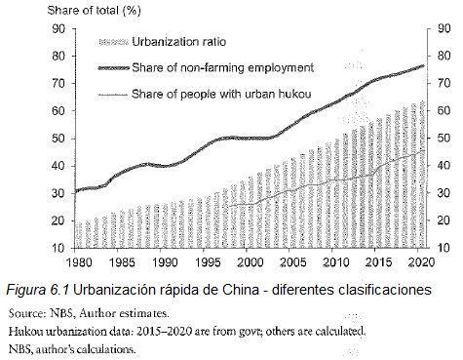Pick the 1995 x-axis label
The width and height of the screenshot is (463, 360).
click(207, 262)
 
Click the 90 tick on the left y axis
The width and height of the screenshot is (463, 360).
click(58, 28)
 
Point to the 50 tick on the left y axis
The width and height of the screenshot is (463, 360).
click(58, 138)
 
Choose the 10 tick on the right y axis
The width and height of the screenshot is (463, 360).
click(444, 248)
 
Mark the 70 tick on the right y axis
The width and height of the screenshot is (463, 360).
click(444, 83)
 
